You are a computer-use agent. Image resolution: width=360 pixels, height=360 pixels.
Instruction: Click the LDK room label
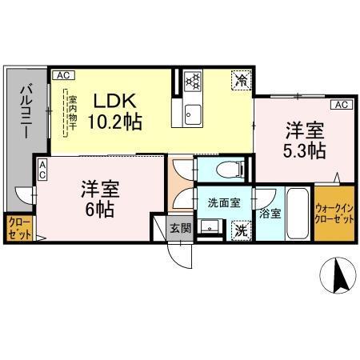pyautogui.click(x=117, y=102)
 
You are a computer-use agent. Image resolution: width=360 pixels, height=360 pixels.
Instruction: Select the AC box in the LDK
pyautogui.click(x=63, y=75)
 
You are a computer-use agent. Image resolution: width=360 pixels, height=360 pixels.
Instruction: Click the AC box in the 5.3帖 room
pyautogui.click(x=340, y=105)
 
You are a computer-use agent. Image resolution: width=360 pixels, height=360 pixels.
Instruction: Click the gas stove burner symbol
pyautogui.click(x=192, y=80)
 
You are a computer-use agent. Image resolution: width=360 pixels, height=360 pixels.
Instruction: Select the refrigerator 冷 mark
pyautogui.click(x=240, y=79)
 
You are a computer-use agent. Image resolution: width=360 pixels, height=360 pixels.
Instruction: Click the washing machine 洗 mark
pyautogui.click(x=240, y=229)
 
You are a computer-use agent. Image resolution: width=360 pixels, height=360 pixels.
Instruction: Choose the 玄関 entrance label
pyautogui.click(x=180, y=228)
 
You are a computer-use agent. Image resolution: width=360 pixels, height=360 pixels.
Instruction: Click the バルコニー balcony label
pyautogui.click(x=26, y=111)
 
